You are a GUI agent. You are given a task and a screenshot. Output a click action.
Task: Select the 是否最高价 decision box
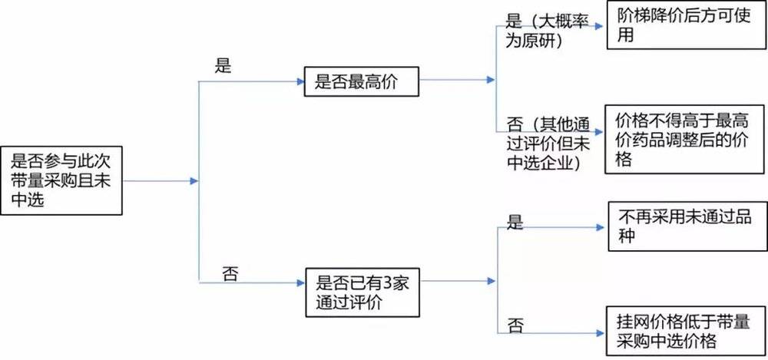pos(362,80)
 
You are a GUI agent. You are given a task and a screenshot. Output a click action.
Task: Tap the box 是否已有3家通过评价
pos(362,292)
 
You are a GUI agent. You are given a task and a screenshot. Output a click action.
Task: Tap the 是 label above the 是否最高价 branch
pos(223,66)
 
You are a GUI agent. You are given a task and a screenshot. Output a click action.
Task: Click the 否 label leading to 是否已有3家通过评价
pos(230,273)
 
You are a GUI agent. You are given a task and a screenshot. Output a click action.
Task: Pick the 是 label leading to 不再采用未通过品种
pos(515,222)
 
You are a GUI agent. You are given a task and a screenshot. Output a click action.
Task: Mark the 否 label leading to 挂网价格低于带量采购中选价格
pos(515,325)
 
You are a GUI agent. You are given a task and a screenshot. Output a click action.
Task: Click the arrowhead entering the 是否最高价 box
pos(300,80)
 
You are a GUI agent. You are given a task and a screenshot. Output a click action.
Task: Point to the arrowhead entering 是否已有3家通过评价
pos(300,283)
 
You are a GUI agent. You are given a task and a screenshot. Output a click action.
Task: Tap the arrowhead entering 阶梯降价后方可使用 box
pos(601,23)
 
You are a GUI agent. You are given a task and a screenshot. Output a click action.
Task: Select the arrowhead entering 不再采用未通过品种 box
pos(601,227)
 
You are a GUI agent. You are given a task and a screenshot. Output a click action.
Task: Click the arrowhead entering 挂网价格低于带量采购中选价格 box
pos(601,332)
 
